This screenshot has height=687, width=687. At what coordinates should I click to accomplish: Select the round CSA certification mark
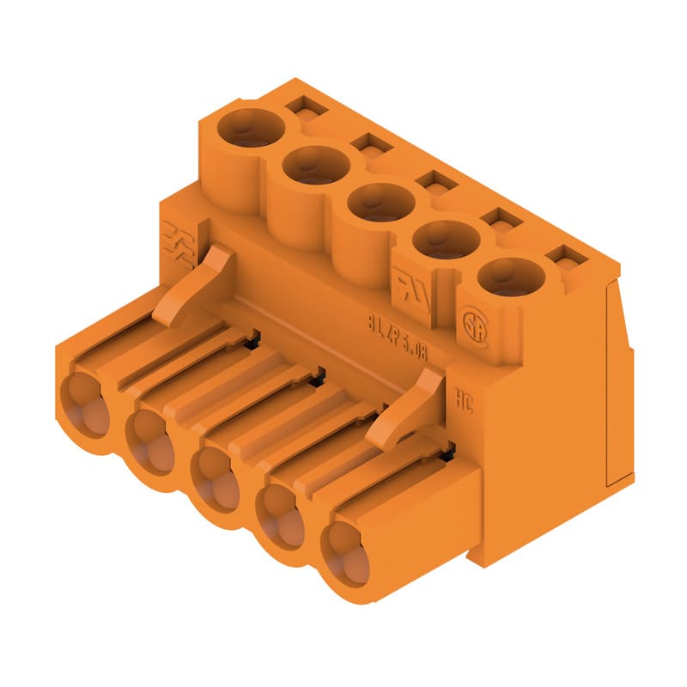472,326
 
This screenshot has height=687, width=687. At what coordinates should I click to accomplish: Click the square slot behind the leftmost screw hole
301,107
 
